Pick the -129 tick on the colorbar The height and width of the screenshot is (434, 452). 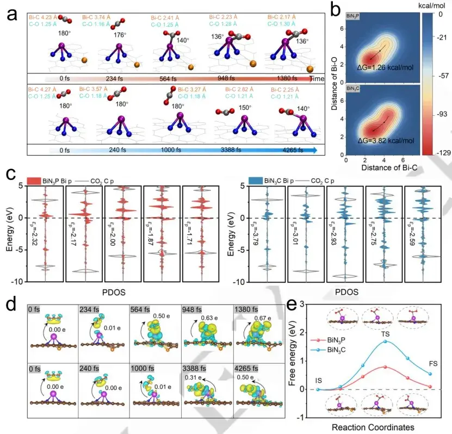(439, 154)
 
